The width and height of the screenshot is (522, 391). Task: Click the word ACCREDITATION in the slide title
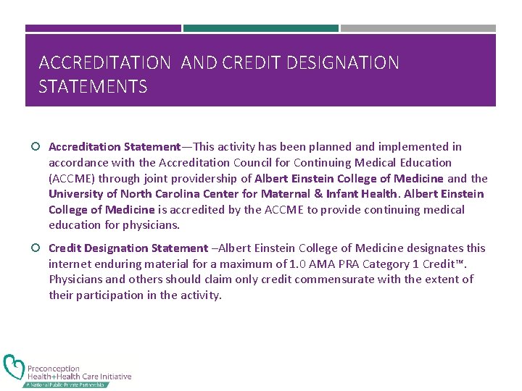pos(105,63)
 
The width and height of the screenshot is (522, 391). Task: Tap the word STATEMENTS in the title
pos(93,88)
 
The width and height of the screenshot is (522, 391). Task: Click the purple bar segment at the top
pos(103,29)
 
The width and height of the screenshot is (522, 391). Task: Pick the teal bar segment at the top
pos(261,29)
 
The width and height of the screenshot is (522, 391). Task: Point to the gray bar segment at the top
pos(418,29)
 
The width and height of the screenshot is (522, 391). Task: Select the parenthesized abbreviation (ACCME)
pos(72,178)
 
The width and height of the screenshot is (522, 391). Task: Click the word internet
pos(70,264)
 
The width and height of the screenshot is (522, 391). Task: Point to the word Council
pos(249,163)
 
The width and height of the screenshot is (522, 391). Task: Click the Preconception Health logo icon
pos(14,368)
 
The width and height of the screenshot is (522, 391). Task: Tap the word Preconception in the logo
pos(54,369)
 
